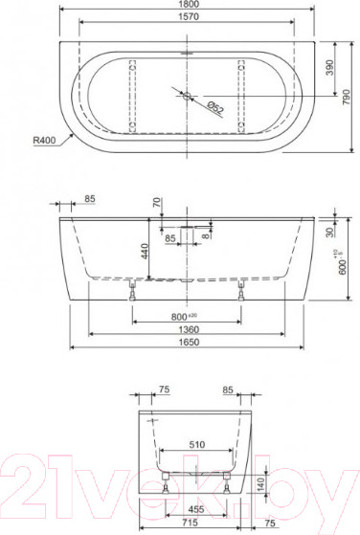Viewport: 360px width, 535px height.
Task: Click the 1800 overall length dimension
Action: tap(187, 6)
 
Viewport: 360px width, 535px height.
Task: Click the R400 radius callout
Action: tap(43, 141)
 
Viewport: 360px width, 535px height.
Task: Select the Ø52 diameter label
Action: tap(214, 110)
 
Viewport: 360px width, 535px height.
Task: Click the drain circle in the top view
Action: tap(187, 96)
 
